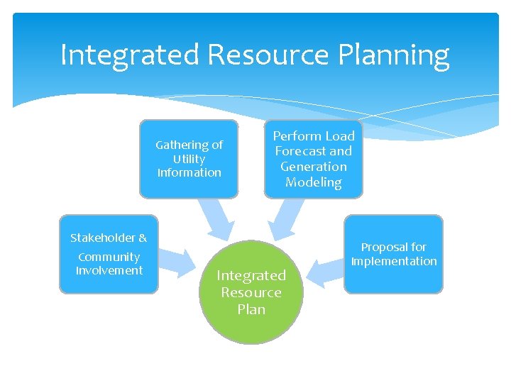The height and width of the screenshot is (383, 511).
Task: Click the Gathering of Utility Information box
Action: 189,159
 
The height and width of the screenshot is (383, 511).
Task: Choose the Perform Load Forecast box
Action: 313,159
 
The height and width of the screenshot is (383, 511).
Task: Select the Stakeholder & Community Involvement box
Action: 109,254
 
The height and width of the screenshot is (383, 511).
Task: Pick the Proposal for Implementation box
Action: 393,254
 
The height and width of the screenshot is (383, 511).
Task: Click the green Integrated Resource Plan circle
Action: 251,292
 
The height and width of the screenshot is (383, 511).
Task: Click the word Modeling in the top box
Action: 313,182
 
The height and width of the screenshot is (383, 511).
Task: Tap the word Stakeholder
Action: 102,238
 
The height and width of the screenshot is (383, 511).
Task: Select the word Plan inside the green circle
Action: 251,309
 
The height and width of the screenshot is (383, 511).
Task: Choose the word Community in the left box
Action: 109,257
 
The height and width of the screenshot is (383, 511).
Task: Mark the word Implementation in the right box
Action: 394,261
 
